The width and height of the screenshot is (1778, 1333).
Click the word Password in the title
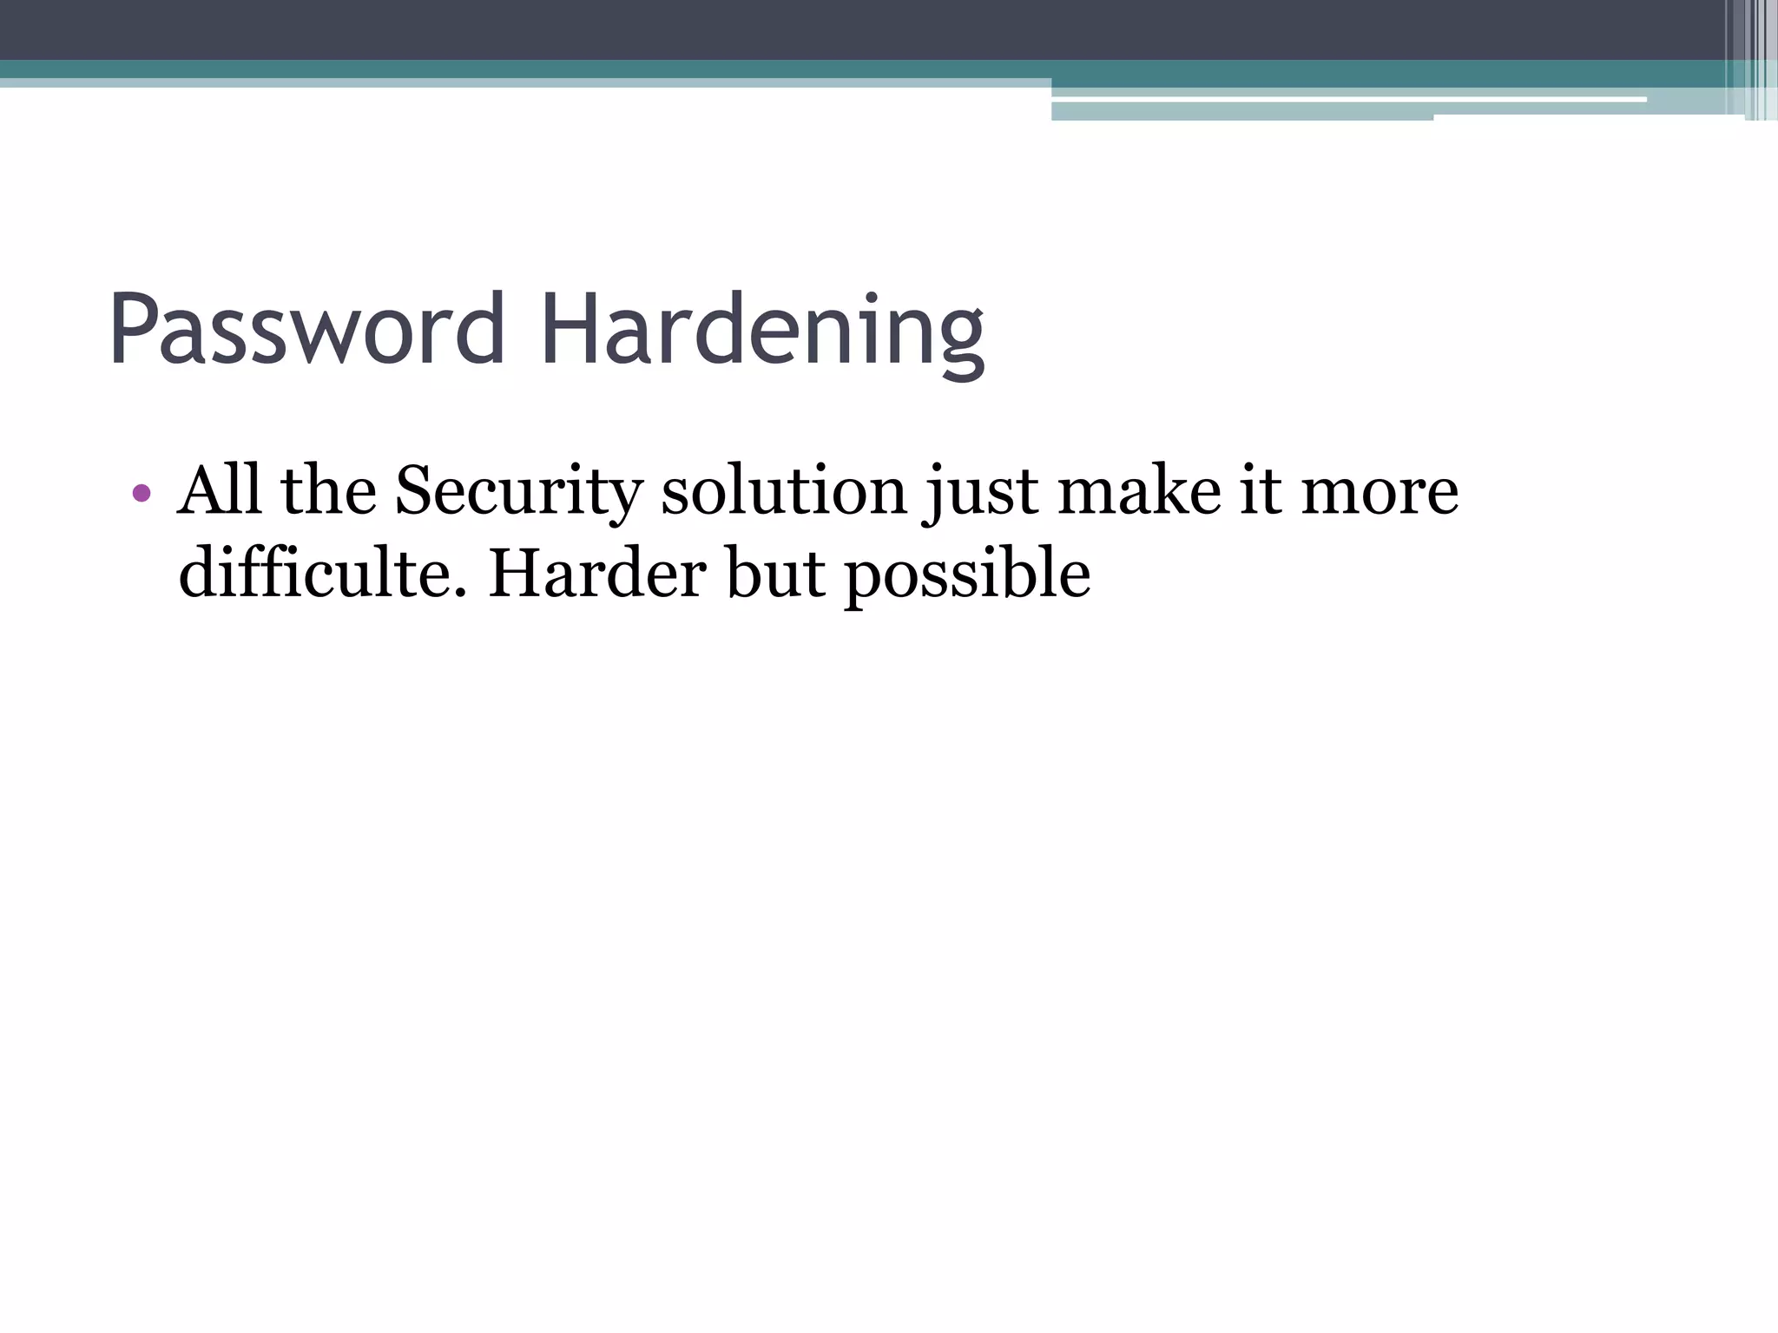coord(306,331)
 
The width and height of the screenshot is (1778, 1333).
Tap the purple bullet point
coord(142,494)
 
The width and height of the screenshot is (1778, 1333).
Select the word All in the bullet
coord(219,490)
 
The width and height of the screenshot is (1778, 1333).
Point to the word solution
coord(784,490)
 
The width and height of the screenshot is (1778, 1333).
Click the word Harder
coord(598,574)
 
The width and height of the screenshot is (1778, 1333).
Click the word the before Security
coord(328,490)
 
